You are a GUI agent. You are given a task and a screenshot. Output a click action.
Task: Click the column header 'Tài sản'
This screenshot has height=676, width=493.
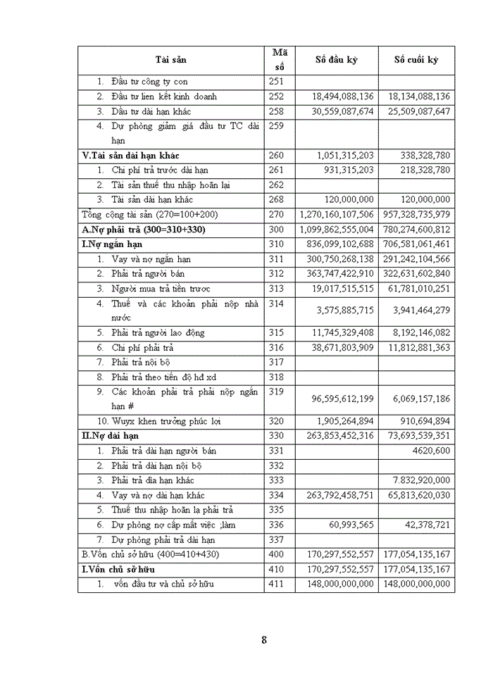[171, 60]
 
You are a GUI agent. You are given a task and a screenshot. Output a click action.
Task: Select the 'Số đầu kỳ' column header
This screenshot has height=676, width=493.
[336, 60]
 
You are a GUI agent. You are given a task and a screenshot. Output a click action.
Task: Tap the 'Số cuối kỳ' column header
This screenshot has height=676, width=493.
[416, 60]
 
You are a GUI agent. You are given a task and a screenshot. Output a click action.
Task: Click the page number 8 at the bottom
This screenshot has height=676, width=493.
[264, 639]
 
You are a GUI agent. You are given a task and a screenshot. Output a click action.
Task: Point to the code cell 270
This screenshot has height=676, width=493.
[276, 214]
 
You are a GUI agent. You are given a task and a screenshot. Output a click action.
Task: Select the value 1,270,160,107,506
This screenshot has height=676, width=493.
[336, 214]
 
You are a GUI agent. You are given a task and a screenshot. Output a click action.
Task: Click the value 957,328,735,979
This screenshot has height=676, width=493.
[416, 214]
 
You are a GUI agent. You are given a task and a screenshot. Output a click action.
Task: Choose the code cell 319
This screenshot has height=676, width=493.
[276, 392]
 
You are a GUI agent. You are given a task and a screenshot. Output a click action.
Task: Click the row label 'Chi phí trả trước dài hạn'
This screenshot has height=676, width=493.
[160, 170]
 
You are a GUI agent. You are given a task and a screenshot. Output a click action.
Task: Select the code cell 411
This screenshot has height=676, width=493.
[276, 584]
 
